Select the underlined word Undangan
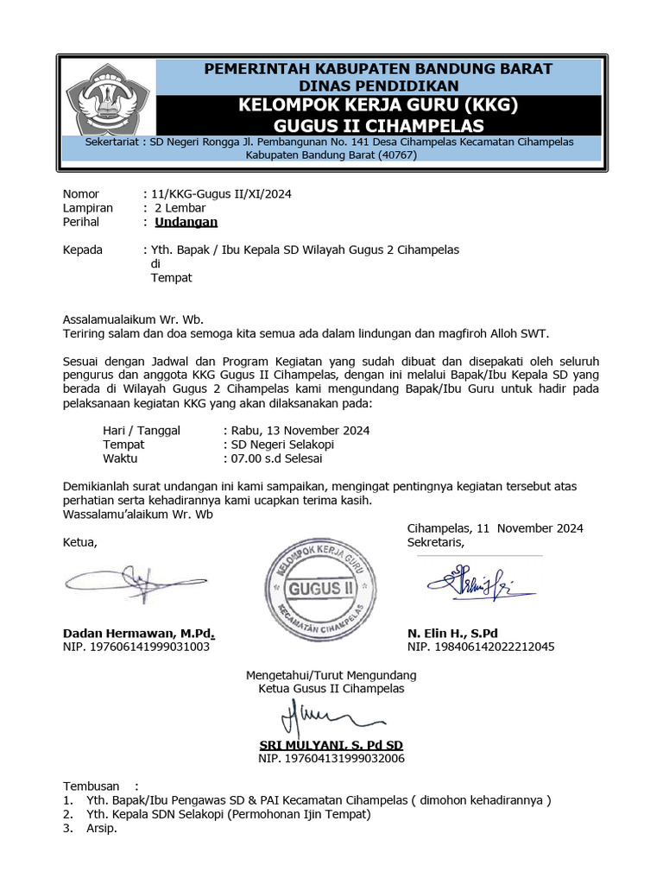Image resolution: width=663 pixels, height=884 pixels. (x=186, y=222)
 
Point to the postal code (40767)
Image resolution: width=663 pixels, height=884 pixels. (x=390, y=155)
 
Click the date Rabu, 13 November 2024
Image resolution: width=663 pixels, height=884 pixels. (x=299, y=431)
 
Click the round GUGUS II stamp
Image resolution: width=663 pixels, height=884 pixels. (x=325, y=588)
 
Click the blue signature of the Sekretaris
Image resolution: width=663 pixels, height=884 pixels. (x=479, y=584)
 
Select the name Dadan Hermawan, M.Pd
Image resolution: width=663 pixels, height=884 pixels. (x=139, y=633)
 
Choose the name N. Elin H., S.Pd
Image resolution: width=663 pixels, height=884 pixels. (x=452, y=633)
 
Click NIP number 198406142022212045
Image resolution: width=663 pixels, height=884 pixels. (x=481, y=646)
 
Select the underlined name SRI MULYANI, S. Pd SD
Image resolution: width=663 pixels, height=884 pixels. (x=331, y=745)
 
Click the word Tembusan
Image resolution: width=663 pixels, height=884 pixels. (x=92, y=786)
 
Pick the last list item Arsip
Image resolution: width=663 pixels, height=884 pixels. (x=101, y=828)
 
